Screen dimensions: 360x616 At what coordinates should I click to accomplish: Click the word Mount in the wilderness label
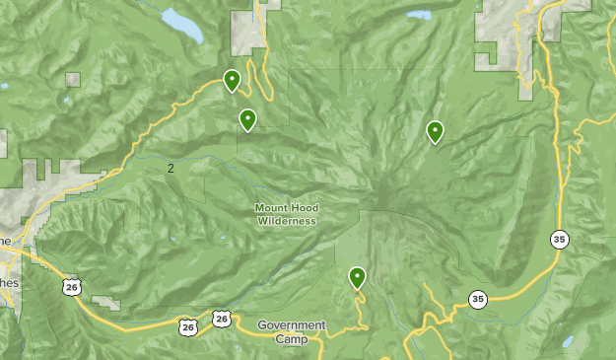coord(272,208)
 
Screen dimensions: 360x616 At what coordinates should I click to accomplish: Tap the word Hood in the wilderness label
coord(305,208)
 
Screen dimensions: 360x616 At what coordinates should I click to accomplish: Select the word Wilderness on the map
coord(288,221)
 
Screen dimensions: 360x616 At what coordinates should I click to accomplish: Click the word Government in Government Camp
coord(292,325)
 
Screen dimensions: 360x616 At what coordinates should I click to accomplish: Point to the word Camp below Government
coord(292,339)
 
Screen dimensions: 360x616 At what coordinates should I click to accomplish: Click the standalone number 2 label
coord(171,169)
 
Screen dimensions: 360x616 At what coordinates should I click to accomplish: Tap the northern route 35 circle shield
coord(560,240)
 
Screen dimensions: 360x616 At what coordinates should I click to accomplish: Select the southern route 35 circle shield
coord(478,299)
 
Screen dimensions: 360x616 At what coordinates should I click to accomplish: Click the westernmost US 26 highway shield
coord(70,286)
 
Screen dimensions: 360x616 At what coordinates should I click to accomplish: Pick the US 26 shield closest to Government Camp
coord(221,319)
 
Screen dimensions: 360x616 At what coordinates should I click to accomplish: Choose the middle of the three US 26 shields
coord(188,324)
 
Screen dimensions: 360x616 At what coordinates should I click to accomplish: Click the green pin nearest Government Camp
coord(358,277)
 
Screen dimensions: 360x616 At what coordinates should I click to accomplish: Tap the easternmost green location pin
coord(435,131)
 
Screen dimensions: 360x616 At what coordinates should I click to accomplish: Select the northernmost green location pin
coord(232,80)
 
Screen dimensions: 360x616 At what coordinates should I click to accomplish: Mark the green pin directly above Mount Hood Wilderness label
coord(248,119)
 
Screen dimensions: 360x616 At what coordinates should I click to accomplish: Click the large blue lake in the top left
coord(182,24)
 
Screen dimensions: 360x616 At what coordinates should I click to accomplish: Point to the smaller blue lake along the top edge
coord(420,16)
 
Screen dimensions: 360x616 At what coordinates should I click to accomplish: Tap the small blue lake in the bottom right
coord(568,341)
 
